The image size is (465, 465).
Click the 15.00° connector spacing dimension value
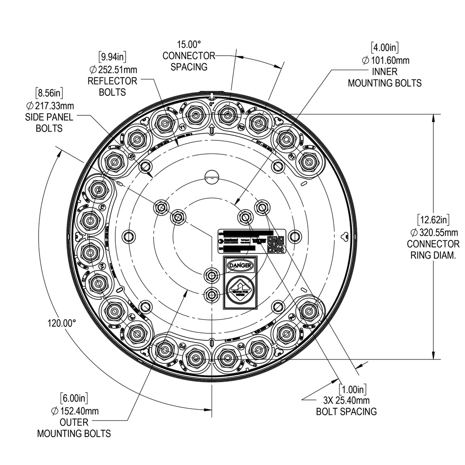(x=188, y=45)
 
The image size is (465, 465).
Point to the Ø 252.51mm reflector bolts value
(x=113, y=70)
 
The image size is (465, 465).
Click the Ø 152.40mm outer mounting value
(x=74, y=411)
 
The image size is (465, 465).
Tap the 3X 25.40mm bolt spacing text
(x=346, y=400)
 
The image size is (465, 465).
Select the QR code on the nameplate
(x=275, y=243)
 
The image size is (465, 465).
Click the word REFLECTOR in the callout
(x=113, y=81)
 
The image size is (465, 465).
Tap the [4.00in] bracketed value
(x=385, y=48)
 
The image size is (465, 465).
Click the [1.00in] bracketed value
(x=352, y=388)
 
